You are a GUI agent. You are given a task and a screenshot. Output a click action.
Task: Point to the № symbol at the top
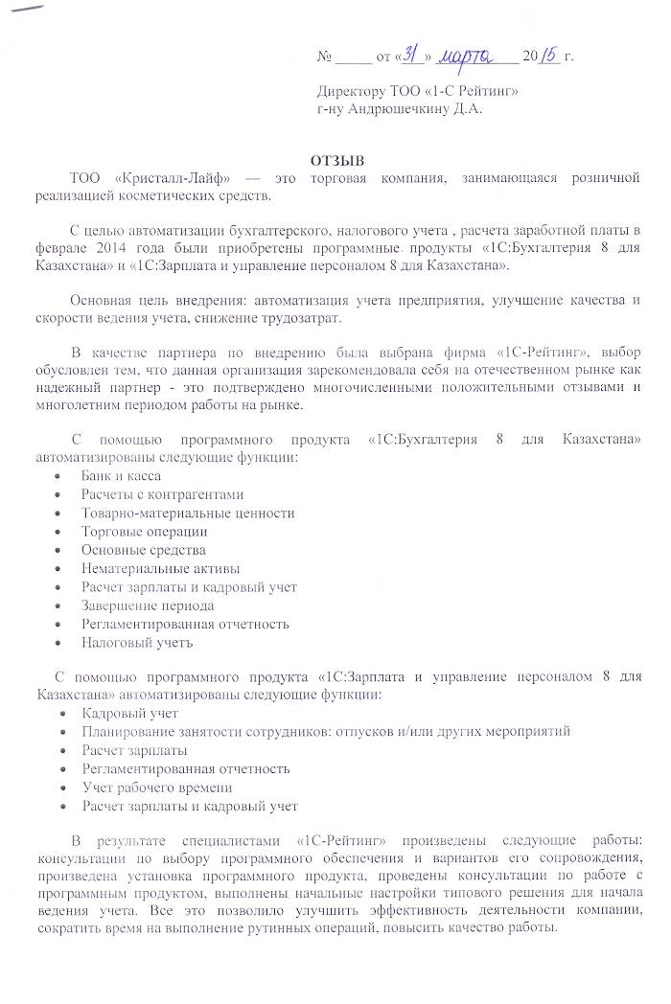(x=323, y=57)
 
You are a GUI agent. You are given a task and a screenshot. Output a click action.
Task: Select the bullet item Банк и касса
(x=121, y=476)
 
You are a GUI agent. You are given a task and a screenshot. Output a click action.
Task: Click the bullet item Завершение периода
(x=148, y=605)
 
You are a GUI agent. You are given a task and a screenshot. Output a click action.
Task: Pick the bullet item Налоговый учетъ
(x=138, y=643)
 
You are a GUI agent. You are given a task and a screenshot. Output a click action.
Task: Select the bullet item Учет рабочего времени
(x=157, y=787)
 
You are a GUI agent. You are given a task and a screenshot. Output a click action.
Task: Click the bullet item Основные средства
(x=144, y=550)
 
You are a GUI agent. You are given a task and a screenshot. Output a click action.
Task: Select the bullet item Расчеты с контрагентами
(x=163, y=494)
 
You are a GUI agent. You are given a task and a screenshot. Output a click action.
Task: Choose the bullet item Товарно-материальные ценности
(x=188, y=513)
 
